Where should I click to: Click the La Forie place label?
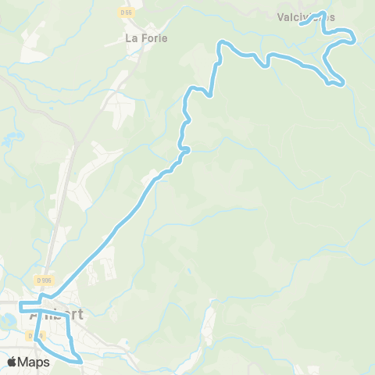(x=147, y=37)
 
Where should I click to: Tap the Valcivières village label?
(x=305, y=16)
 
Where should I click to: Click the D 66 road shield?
(x=126, y=12)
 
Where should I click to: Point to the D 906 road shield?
(x=44, y=279)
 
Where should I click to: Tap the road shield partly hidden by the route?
(x=33, y=335)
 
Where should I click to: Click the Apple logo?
(x=13, y=361)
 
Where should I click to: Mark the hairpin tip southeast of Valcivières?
(x=341, y=84)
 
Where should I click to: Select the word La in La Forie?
(x=131, y=37)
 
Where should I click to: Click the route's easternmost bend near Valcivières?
(x=355, y=38)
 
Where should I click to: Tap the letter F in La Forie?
(x=142, y=37)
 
